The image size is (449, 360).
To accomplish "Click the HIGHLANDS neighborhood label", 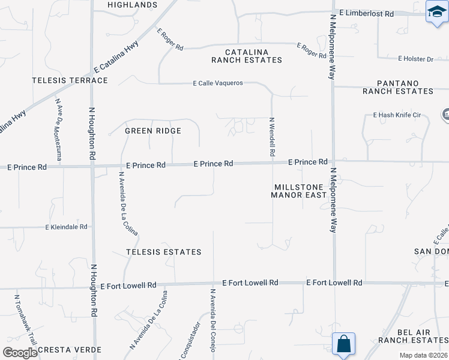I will tap(132, 5).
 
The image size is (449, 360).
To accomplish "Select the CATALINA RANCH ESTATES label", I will tap(246, 56).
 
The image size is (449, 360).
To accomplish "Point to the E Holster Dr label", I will tap(415, 59).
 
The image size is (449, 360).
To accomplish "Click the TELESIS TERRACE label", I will tap(70, 80).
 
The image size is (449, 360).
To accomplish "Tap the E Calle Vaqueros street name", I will tap(217, 83).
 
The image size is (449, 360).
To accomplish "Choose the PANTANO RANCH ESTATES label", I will tap(397, 86).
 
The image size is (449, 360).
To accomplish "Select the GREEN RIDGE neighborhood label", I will tap(152, 130).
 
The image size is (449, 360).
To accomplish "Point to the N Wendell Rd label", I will tap(272, 137).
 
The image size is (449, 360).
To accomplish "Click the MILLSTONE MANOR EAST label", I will tap(298, 191).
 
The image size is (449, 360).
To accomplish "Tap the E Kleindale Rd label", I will tap(67, 227).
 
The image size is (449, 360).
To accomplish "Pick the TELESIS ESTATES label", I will tap(164, 252).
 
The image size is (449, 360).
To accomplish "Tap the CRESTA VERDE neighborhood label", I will tap(70, 350).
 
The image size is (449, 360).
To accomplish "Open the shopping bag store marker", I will tap(344, 344).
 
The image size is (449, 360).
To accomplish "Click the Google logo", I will tap(20, 353).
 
